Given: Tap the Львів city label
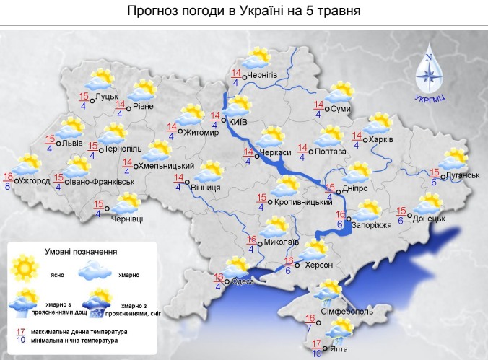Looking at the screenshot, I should click(72, 143).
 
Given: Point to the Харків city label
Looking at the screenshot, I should click(381, 139).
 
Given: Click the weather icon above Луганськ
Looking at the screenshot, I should click(456, 158).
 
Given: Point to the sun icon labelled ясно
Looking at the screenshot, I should click(27, 267).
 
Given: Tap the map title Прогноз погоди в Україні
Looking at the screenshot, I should click(243, 12).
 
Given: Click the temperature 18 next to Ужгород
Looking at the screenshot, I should click(9, 177).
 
